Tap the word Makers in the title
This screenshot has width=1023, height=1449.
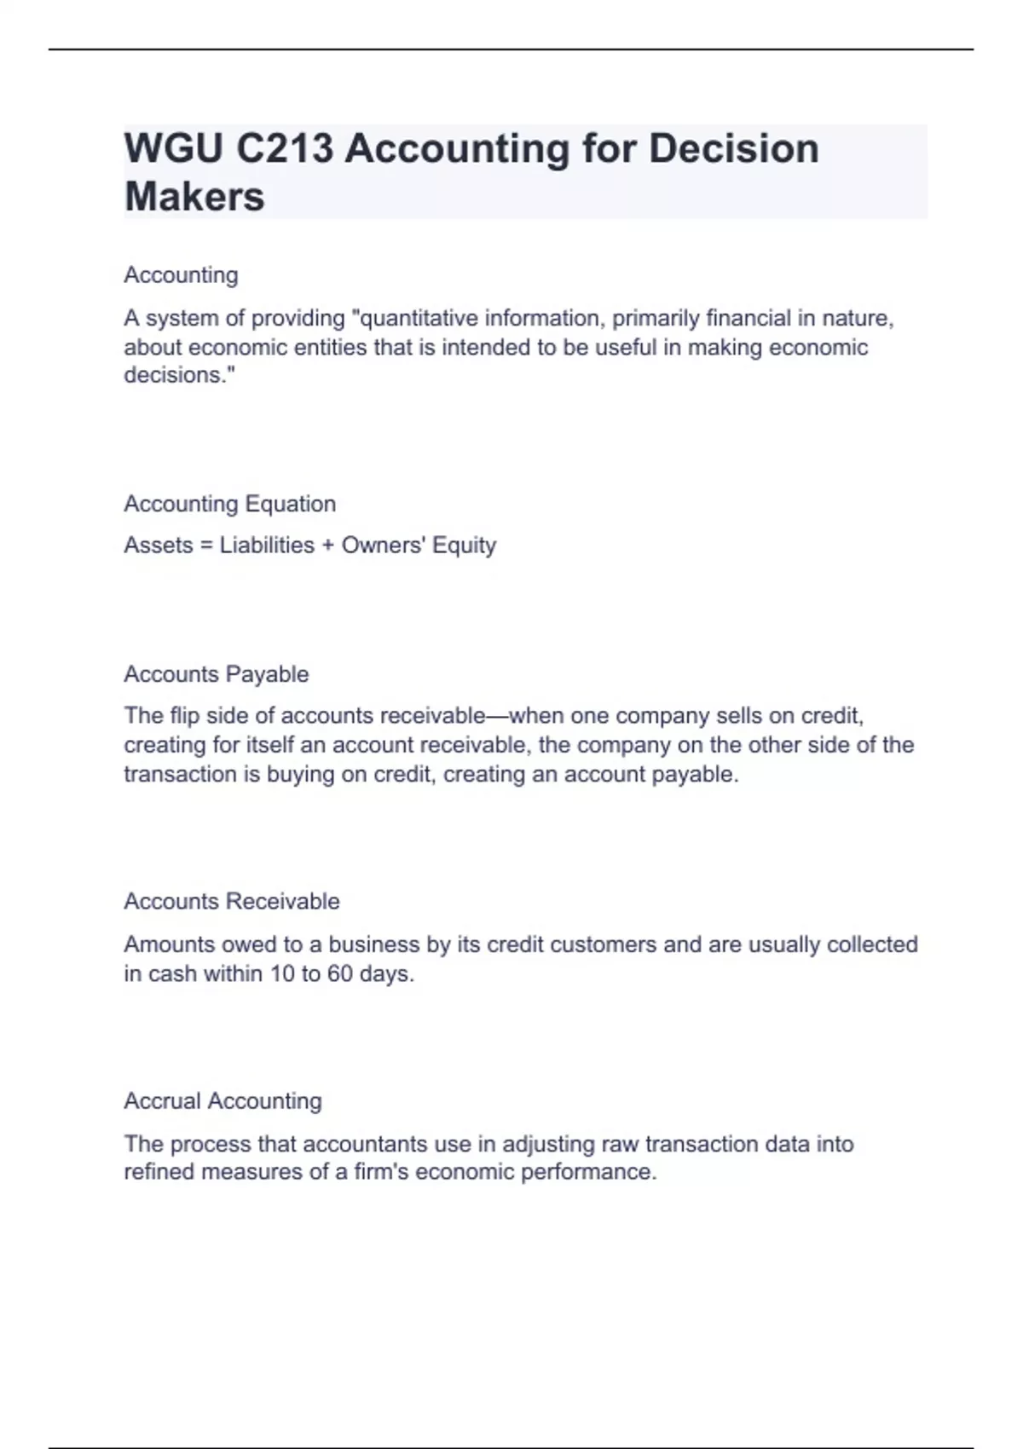[194, 196]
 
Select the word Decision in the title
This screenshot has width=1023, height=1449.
[733, 148]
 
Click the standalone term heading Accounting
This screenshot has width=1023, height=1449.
[181, 275]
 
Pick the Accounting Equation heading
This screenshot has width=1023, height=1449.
[229, 504]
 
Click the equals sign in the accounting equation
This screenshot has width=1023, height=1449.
[205, 546]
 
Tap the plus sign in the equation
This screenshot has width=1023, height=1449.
[327, 546]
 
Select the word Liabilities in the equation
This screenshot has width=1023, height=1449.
[267, 546]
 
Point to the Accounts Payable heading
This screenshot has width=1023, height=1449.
[216, 674]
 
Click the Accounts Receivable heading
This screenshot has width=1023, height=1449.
[231, 902]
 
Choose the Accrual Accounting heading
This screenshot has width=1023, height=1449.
[223, 1101]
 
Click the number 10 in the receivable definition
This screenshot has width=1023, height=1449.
[281, 973]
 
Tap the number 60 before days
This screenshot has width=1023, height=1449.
[339, 973]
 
